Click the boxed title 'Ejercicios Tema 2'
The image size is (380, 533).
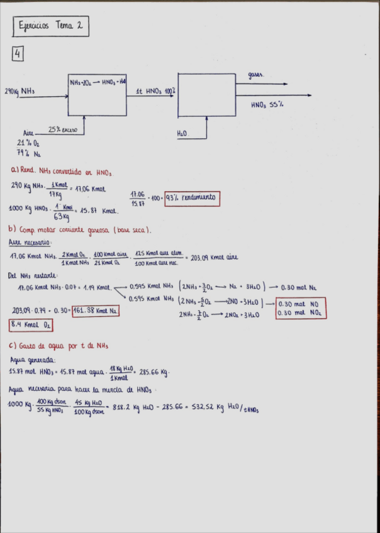coord(51,27)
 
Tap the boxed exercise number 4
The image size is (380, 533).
coord(17,55)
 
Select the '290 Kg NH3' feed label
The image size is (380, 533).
coord(20,92)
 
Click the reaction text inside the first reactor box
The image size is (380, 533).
coord(98,82)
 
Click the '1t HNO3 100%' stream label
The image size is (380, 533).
coord(155,91)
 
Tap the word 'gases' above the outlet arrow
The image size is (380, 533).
coord(255,75)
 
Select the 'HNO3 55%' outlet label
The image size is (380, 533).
coord(267,105)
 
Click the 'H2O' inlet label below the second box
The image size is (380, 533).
coord(183,133)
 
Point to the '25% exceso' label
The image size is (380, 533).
coord(63,129)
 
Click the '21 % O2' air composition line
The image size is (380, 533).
coord(28,143)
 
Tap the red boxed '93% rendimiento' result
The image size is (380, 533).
coord(192,197)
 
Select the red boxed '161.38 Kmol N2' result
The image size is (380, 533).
coord(95,310)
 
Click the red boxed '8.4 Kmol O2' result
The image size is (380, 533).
coord(31,325)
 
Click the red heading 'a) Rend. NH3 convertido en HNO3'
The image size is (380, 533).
coord(62,171)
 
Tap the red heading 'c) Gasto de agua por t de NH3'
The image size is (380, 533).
coord(59,346)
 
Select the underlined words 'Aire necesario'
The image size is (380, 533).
coord(30,242)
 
